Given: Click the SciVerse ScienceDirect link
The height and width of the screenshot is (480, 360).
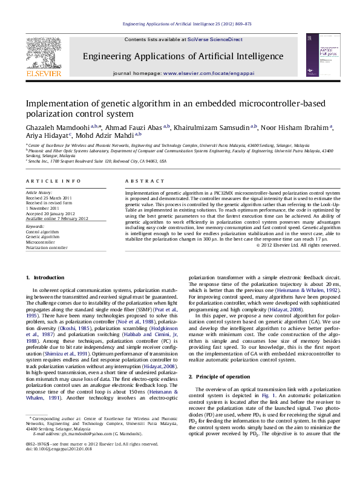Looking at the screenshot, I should tap(215, 39).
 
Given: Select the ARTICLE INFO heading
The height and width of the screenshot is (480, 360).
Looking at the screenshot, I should tap(54, 181).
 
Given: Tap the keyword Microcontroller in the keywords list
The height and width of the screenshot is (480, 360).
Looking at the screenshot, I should tap(41, 242).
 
